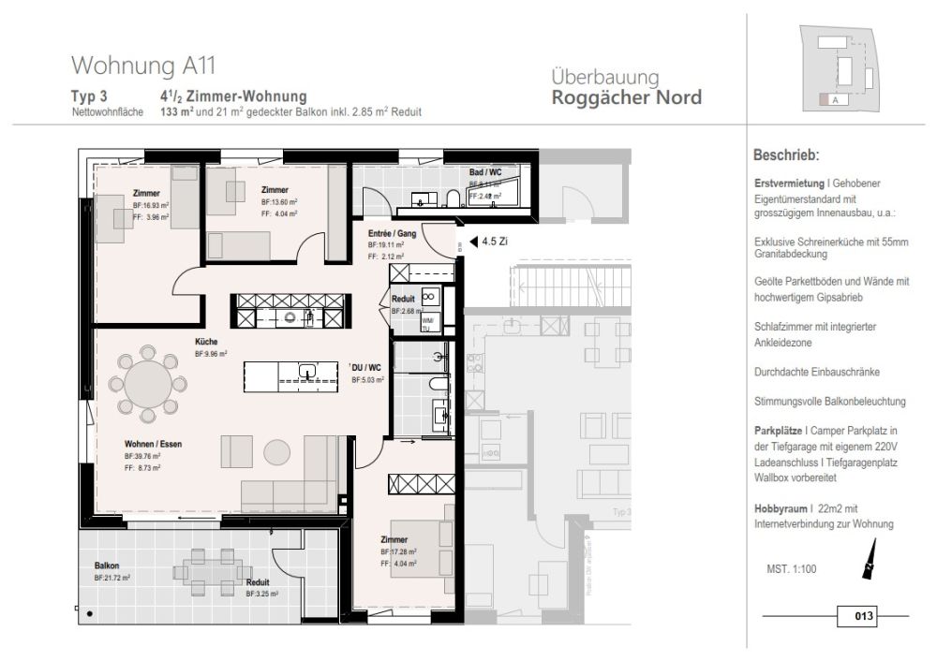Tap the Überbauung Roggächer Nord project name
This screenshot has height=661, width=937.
coord(626,88)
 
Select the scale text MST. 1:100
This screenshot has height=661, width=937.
coord(791,568)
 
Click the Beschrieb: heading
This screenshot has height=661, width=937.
coord(786,154)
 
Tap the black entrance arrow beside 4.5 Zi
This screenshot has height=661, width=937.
coord(472,241)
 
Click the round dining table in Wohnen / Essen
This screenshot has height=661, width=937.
coord(148,383)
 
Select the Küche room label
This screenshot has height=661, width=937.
coord(206,343)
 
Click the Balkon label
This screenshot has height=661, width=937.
coord(106,566)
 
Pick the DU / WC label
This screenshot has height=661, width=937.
coord(365,368)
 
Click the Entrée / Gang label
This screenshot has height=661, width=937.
coord(392,232)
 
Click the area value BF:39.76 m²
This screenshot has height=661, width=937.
coord(142,456)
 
